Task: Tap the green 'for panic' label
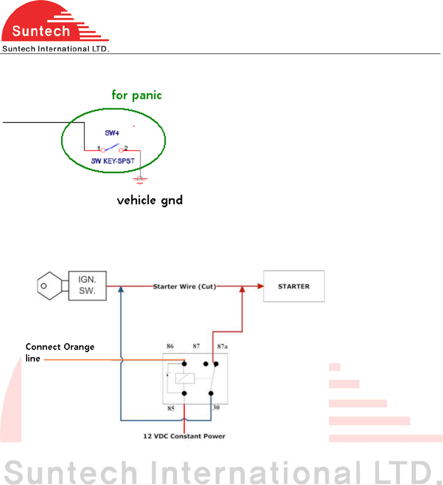136,94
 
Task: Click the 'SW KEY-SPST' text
112,161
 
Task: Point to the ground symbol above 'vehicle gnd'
140,180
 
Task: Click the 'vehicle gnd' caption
150,200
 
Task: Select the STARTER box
294,286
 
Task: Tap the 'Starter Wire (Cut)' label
184,286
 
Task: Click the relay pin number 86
171,346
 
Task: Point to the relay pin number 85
171,407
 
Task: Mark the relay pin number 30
216,407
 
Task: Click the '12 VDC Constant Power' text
185,436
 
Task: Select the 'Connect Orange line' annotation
59,352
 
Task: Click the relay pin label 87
196,346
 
